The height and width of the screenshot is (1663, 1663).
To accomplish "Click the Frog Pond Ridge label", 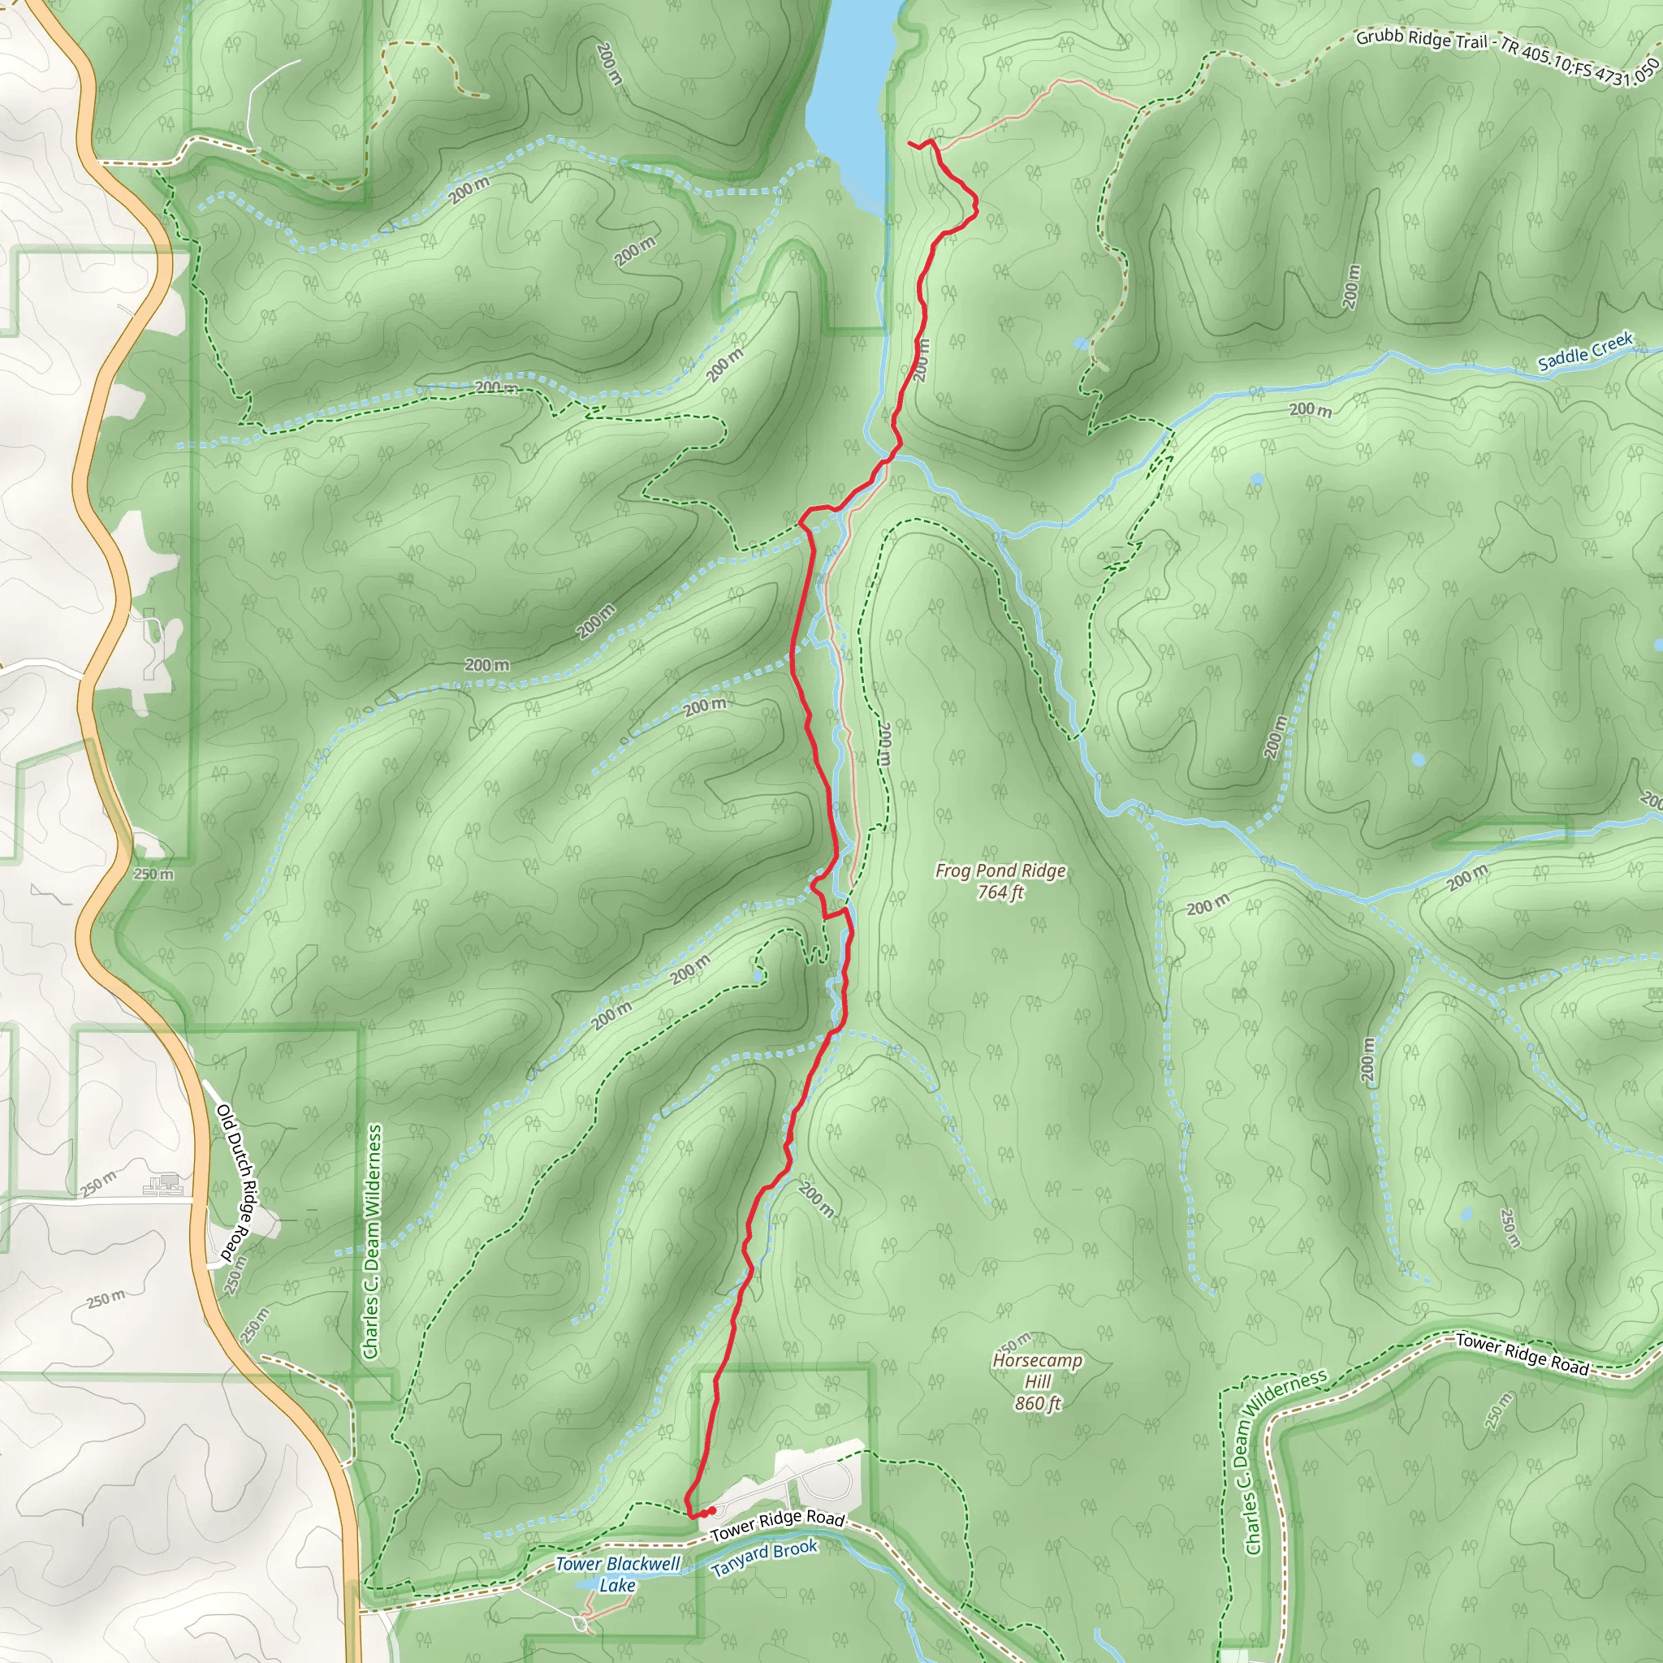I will click(x=1000, y=871).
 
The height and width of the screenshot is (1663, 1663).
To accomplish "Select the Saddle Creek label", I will click(x=1585, y=351).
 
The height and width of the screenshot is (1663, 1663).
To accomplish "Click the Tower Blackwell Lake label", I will click(x=617, y=1574).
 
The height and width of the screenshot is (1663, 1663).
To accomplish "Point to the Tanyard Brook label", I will click(x=764, y=1558).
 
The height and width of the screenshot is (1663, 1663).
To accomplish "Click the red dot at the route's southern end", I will click(x=711, y=1510).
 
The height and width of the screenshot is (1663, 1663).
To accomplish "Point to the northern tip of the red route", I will click(x=909, y=142).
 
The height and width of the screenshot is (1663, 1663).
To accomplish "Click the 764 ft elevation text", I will click(x=1000, y=892).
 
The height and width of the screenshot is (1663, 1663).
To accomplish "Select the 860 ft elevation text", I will click(x=1037, y=1404).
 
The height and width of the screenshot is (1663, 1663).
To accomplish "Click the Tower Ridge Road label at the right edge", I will click(x=1522, y=1354).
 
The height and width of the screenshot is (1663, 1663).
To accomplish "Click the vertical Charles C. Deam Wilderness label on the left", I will click(x=373, y=1242).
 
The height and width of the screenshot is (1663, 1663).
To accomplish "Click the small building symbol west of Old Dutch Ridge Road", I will click(x=162, y=1186).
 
